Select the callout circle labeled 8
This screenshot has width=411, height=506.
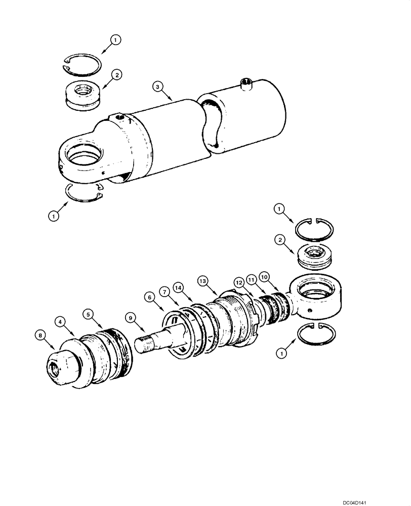[x=40, y=335]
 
